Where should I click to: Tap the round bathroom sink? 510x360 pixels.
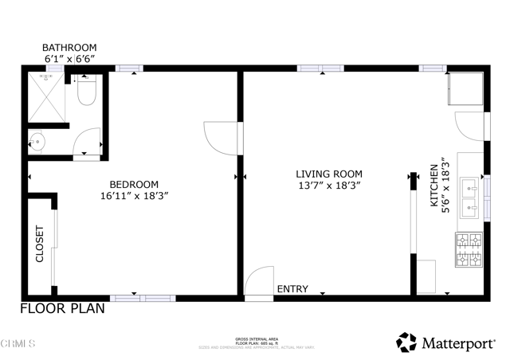click(x=37, y=143)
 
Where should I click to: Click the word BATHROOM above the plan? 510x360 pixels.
click(x=69, y=48)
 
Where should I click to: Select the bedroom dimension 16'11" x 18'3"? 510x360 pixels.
click(x=134, y=195)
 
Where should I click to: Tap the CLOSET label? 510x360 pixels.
click(x=40, y=245)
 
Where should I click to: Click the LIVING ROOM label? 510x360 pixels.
click(x=329, y=174)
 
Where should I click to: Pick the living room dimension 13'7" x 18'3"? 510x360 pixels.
click(x=329, y=186)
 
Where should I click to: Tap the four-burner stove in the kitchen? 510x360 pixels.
click(x=469, y=249)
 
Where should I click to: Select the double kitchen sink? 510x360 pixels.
click(x=469, y=198)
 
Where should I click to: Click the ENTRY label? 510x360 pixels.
click(x=291, y=289)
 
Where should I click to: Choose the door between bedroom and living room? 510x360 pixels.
click(x=221, y=135)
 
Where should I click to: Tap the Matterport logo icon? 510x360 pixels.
click(x=406, y=342)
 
